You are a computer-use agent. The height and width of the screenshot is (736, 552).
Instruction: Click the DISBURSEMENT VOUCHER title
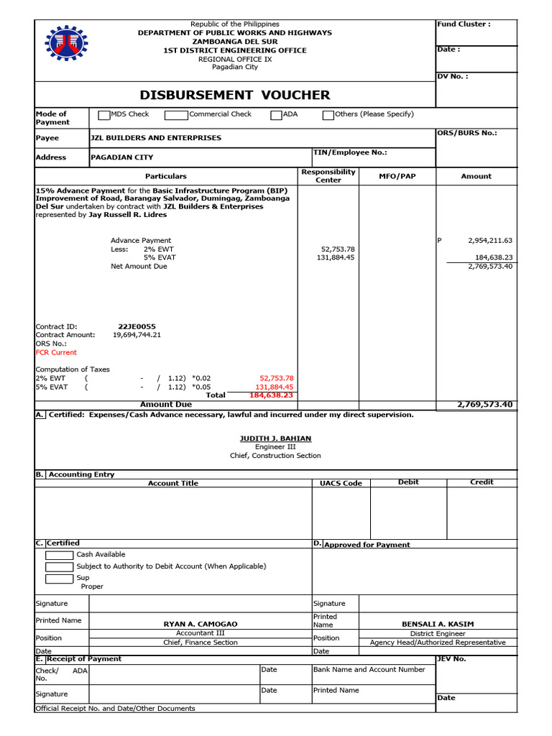coord(235,95)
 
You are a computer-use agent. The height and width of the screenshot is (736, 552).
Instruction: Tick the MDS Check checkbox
coord(104,115)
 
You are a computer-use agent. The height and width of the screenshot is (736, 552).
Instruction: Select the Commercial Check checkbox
coord(176,115)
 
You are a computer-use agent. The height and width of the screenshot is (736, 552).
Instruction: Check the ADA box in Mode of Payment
coord(276,115)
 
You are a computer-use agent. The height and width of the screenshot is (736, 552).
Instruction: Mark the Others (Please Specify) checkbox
coord(328,115)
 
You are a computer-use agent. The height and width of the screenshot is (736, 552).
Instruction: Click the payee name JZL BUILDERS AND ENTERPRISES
coord(156,138)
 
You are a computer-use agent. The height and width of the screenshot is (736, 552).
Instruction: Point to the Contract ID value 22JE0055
coord(137,326)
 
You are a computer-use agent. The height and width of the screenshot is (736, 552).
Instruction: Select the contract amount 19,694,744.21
coord(137,335)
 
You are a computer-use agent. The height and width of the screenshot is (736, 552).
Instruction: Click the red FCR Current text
coord(56,352)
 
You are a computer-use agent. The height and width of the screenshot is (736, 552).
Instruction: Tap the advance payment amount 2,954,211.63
coord(489,241)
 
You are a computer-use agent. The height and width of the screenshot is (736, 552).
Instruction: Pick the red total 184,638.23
coord(271,395)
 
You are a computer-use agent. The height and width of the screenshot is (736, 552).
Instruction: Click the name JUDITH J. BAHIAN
coord(275,438)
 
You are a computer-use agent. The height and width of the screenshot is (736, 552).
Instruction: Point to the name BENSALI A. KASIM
coord(437,624)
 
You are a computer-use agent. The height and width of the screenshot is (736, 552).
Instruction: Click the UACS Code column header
coord(341,483)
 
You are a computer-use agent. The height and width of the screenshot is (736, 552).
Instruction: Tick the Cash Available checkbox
coord(58,555)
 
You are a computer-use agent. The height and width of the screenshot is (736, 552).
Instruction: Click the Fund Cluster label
coord(464,24)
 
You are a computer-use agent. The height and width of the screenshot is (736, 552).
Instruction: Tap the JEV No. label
coord(451,658)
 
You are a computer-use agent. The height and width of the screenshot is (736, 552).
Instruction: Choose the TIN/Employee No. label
coord(350,152)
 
